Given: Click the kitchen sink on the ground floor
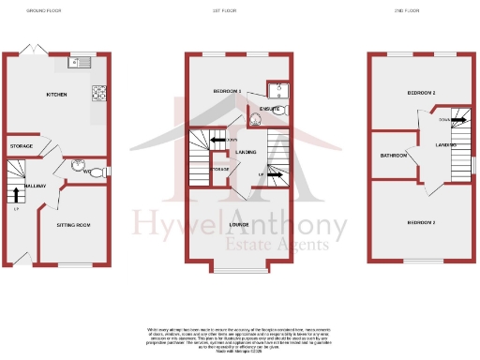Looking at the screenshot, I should (78, 64).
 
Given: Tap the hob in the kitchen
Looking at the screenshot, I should (98, 93).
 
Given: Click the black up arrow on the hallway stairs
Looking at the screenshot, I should (16, 194).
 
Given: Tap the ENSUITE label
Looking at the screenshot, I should (259, 109).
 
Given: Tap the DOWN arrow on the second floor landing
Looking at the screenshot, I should (457, 120).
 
